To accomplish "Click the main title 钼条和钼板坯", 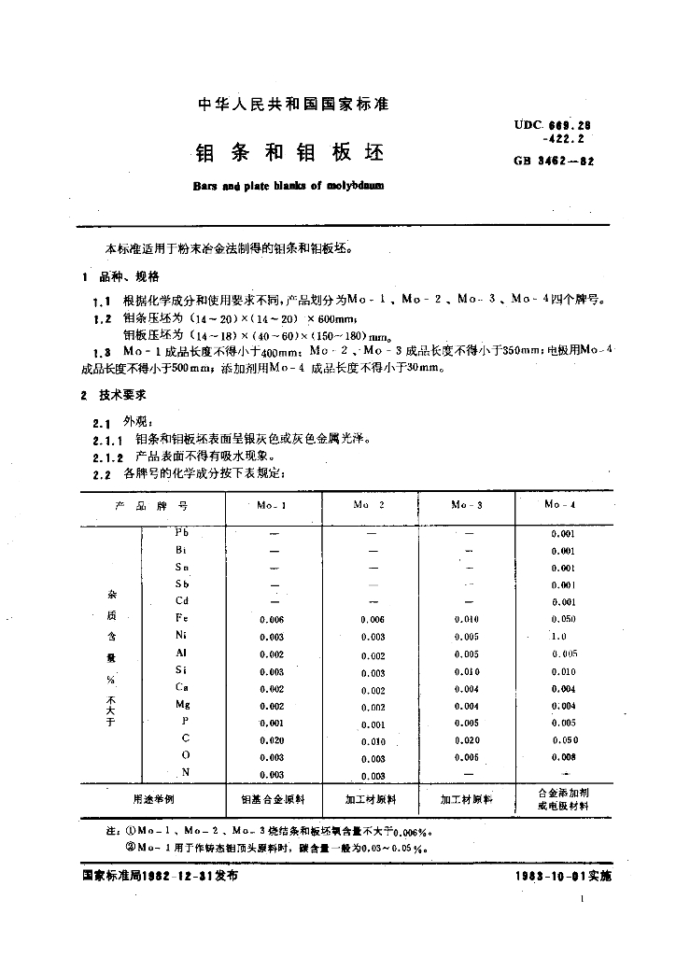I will tap(289, 152).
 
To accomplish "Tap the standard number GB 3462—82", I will tap(554, 161).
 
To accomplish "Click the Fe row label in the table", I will tap(181, 618).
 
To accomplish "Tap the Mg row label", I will tap(182, 706).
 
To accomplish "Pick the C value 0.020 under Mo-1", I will tap(272, 740).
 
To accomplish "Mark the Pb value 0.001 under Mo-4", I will tap(563, 533).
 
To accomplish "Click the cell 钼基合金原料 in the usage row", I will tap(273, 800).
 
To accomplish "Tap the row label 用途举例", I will tap(150, 800).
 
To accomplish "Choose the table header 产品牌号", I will tap(150, 505).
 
